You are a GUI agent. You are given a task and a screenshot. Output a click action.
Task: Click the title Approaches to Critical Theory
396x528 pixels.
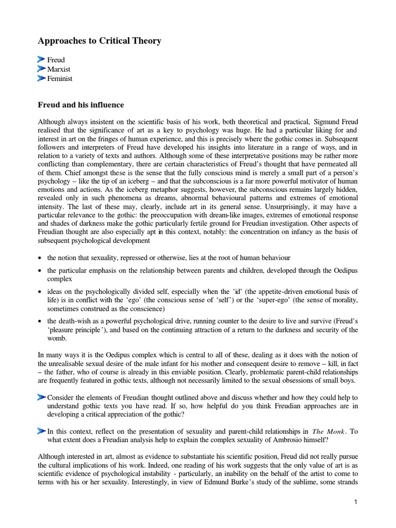(x=100, y=41)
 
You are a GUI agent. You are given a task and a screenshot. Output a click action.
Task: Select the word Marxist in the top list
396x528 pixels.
(x=59, y=69)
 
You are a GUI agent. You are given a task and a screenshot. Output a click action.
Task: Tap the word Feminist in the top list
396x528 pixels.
(x=60, y=78)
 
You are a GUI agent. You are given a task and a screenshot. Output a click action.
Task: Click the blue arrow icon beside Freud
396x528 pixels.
(x=42, y=60)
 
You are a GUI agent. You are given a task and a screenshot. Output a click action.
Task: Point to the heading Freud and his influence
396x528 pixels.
(x=81, y=105)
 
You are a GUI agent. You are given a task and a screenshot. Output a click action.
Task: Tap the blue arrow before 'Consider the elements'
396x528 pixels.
(x=42, y=398)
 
